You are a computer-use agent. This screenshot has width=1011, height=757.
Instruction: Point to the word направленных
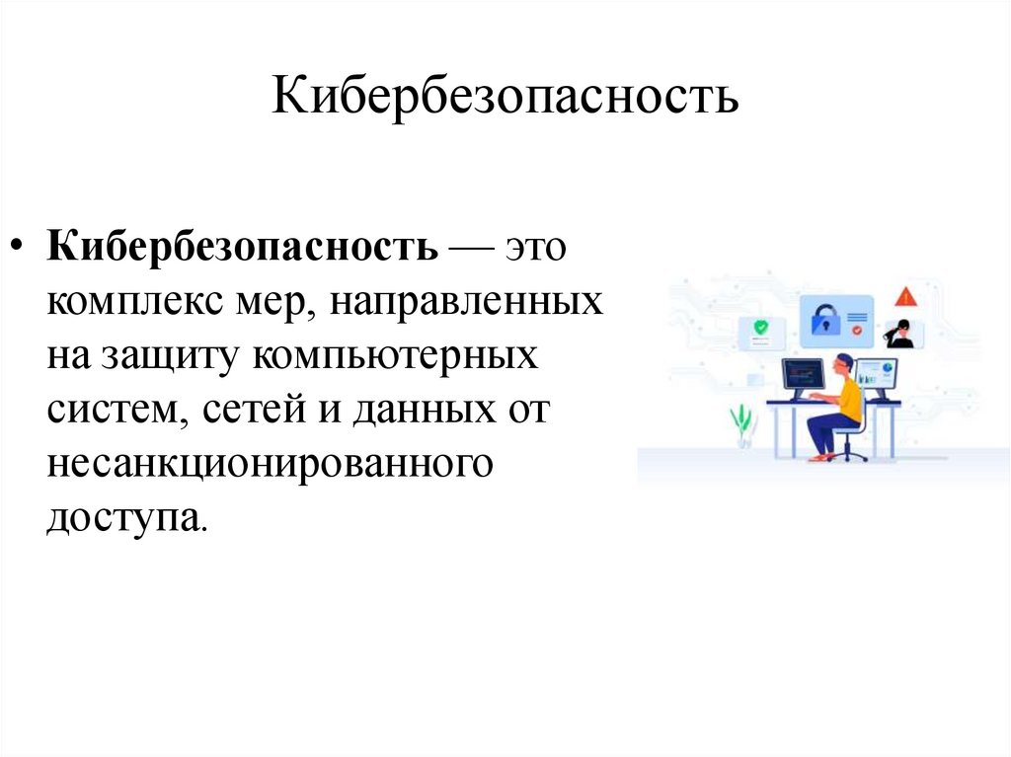tap(466, 302)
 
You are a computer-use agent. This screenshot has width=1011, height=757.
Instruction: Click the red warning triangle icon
tap(906, 297)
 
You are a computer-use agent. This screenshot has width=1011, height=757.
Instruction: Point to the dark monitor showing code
tap(801, 375)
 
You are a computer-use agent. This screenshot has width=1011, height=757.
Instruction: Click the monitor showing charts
tap(878, 374)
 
